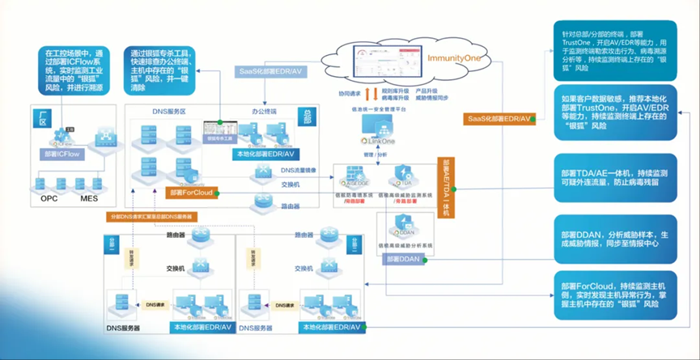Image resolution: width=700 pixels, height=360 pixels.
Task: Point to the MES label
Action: click(x=89, y=197)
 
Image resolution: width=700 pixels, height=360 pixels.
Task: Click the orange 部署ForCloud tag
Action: click(x=189, y=193)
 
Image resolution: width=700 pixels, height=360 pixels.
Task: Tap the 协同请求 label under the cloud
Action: click(x=348, y=95)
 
